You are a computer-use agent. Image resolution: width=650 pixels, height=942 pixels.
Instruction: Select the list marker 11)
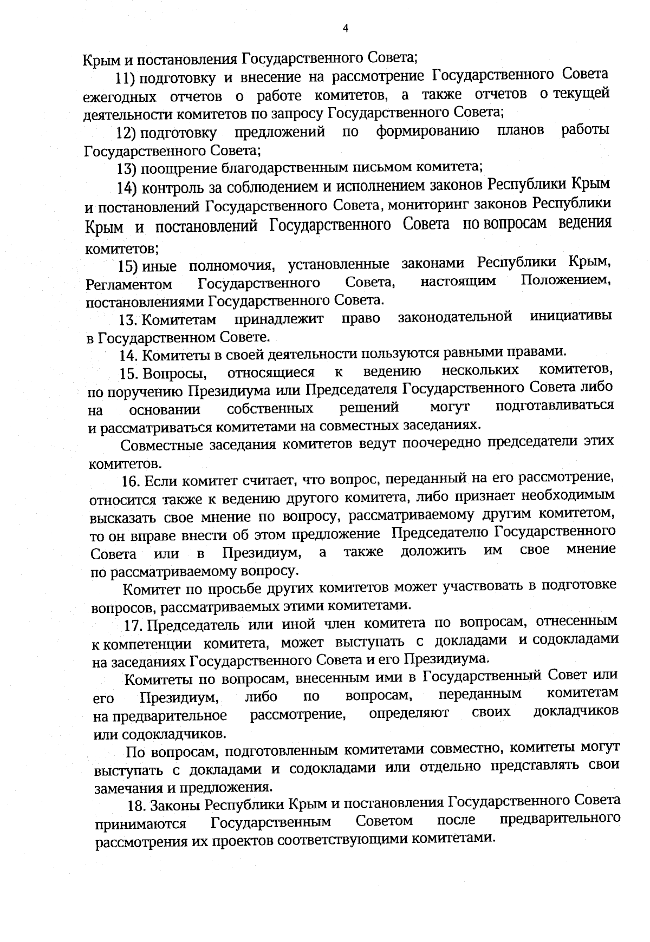coord(126,78)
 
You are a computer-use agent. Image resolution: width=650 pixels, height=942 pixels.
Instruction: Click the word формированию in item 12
coord(428,131)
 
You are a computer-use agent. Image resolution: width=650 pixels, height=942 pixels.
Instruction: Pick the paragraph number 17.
coord(134,626)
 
